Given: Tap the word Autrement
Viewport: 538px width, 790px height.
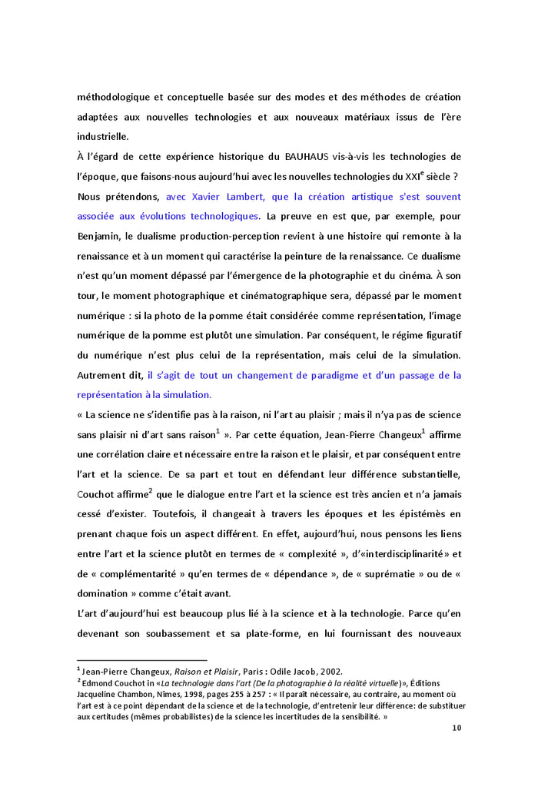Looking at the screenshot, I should coord(107,375).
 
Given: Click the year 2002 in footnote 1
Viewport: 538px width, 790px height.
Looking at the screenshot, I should coord(330,671).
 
